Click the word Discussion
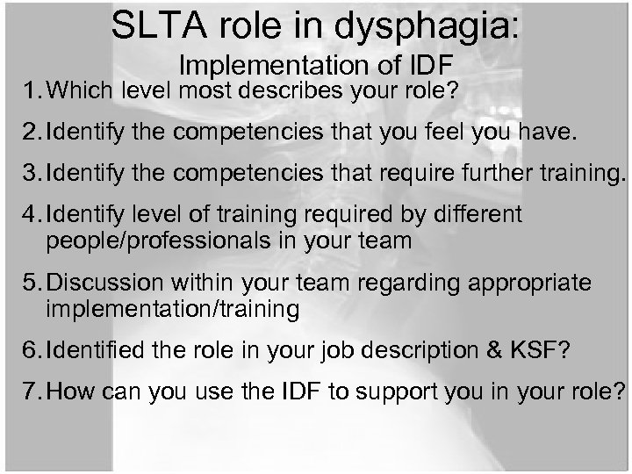[107, 283]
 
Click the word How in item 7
[74, 391]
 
